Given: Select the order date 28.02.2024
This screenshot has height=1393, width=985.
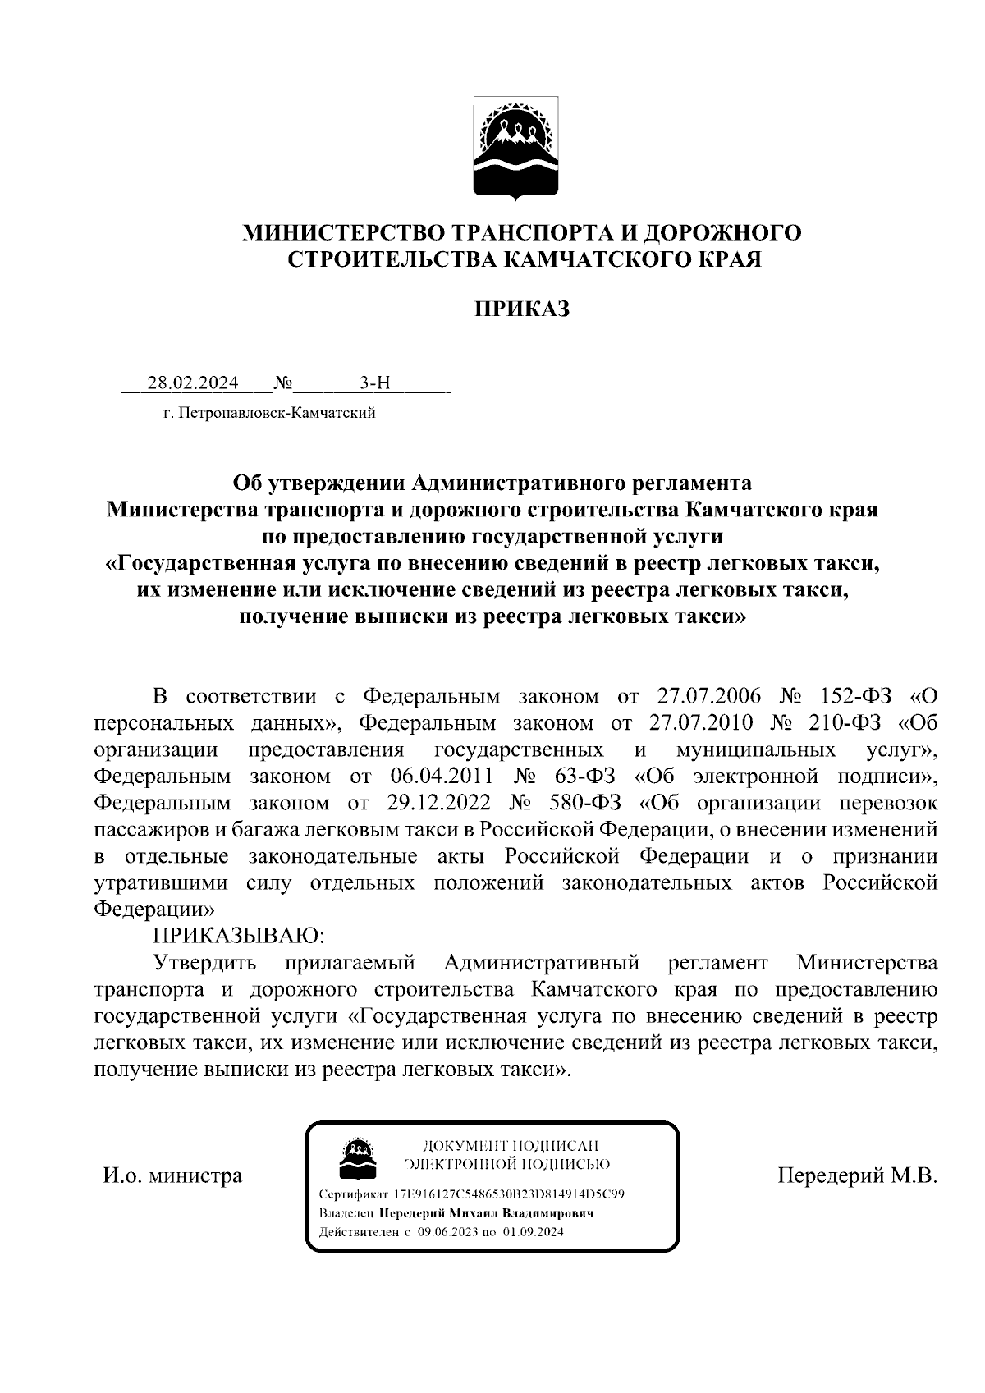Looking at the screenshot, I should tap(193, 383).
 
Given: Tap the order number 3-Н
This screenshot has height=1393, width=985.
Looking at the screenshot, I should tap(375, 383).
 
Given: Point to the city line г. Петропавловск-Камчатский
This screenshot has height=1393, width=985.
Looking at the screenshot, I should tap(268, 413).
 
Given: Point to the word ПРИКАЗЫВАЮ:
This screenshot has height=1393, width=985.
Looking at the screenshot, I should tap(239, 935).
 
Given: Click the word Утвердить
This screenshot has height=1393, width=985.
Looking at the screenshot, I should tap(204, 961).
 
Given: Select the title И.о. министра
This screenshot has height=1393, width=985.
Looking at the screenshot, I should tap(172, 1175).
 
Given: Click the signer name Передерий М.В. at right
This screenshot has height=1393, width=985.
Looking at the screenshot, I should tap(857, 1175).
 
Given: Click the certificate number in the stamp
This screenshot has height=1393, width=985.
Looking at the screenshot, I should tap(509, 1194).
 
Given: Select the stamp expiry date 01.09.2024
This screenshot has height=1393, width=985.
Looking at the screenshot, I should tap(534, 1232).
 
